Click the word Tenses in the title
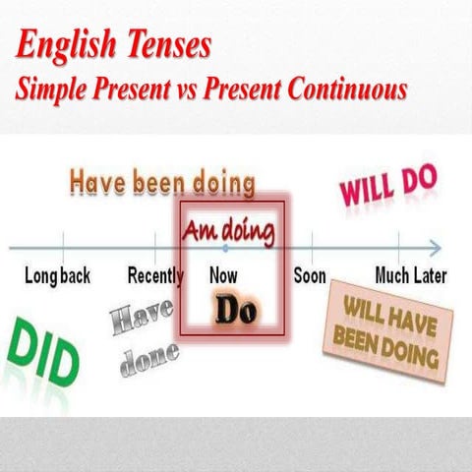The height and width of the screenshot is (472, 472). [168, 46]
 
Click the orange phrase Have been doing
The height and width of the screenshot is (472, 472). [163, 182]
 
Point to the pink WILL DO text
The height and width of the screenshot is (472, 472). [387, 184]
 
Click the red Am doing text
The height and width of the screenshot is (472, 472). [229, 231]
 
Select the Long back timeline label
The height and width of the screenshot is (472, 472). [57, 275]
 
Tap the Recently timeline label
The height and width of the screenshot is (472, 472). [157, 275]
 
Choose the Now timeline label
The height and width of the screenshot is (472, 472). [223, 275]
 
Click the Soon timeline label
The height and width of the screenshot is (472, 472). [310, 275]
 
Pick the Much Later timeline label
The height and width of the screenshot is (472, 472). [411, 275]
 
